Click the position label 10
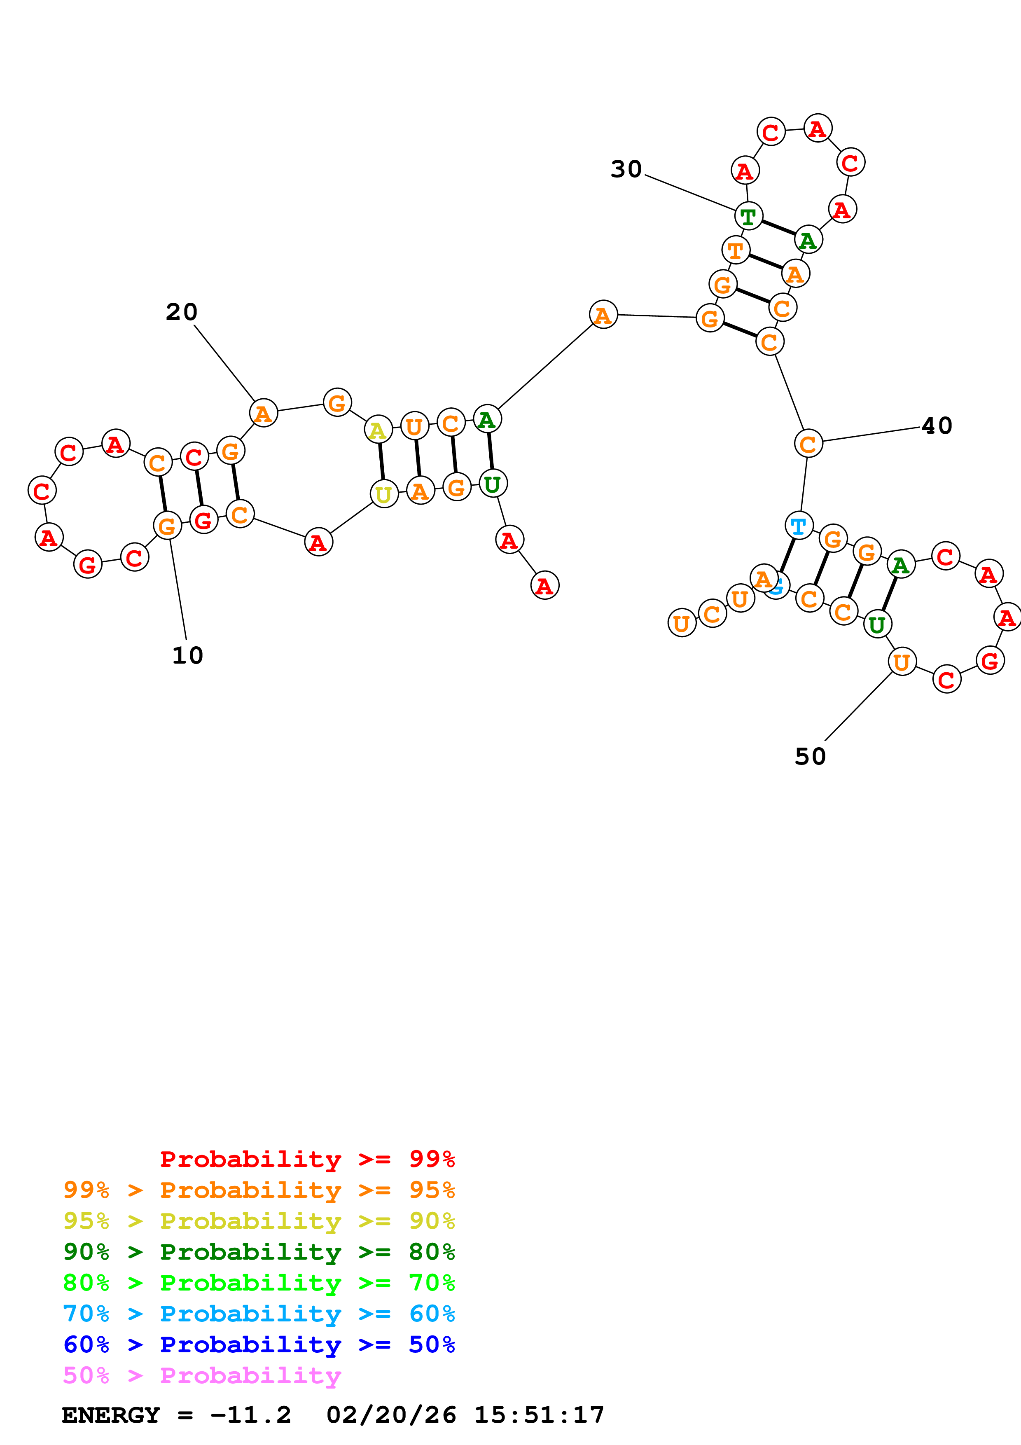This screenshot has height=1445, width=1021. pos(187,656)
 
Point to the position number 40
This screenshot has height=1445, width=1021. pos(937,426)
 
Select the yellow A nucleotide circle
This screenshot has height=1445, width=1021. pos(378,430)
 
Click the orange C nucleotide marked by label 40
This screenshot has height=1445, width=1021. pos(808,444)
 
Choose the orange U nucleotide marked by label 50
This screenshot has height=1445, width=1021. pos(902,662)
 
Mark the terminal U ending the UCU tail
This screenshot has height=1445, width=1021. pos(681,623)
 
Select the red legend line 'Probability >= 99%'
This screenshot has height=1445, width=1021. pos(307,1159)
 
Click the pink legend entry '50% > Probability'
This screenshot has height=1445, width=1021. pos(202,1376)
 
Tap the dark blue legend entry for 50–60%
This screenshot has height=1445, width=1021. pos(259,1345)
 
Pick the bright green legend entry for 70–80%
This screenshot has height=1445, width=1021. pos(259,1283)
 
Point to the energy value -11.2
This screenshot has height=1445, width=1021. pos(250,1415)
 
